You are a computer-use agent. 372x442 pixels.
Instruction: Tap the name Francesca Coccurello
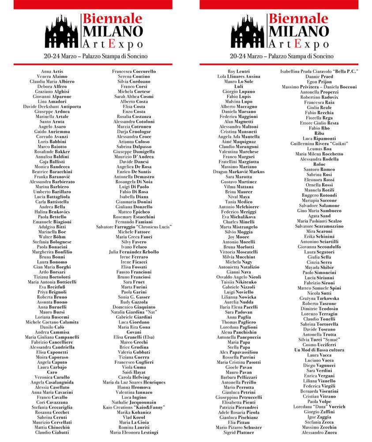(x=134, y=71)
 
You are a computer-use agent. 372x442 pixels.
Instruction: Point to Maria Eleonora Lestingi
(x=134, y=432)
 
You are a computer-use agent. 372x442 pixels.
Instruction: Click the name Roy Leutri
(x=239, y=71)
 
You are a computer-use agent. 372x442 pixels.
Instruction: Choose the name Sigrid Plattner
(x=239, y=432)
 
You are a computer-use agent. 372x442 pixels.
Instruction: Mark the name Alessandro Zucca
(x=319, y=432)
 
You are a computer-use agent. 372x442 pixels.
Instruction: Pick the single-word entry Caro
(x=52, y=372)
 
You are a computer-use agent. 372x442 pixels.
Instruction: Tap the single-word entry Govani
(x=134, y=332)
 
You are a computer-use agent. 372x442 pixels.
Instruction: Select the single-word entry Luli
(x=239, y=87)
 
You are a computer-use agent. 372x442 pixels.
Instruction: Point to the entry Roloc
(x=319, y=164)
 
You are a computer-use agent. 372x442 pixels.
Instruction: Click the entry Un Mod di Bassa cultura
(x=319, y=350)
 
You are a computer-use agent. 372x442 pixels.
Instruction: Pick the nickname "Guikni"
(x=338, y=143)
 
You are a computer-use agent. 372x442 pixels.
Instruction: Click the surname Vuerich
(x=336, y=407)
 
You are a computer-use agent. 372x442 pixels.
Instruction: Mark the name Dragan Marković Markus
(x=239, y=171)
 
